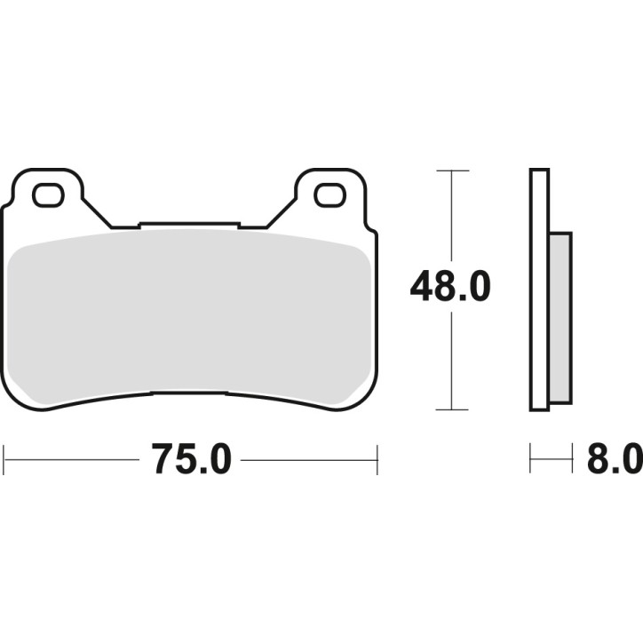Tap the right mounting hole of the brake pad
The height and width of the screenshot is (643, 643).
tap(329, 194)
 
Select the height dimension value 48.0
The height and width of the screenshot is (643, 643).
tap(449, 289)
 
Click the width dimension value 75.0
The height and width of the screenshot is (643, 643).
tap(191, 460)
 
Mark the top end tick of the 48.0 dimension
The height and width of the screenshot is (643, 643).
tap(453, 170)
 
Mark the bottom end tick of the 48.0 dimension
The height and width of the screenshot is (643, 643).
tap(453, 409)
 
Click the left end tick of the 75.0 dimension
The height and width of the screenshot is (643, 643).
tap(4, 460)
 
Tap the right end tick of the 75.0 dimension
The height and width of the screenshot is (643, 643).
tap(377, 460)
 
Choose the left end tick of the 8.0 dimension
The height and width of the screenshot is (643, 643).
tap(530, 460)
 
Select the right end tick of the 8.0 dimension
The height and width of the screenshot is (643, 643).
tap(571, 460)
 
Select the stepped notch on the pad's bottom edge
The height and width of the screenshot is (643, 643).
tap(190, 393)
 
